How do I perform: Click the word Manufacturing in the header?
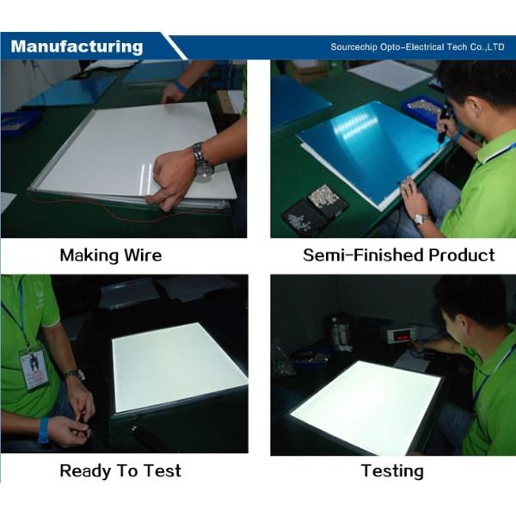pos(77,46)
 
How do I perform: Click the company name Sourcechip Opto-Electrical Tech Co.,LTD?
pos(417,47)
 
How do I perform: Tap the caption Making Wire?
pos(110,255)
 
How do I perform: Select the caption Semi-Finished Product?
pos(398,255)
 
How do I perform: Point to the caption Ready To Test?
pos(120,470)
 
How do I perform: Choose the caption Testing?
pos(391,470)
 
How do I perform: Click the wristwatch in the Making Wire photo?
pos(202,161)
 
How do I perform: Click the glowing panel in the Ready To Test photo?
pos(176,365)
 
